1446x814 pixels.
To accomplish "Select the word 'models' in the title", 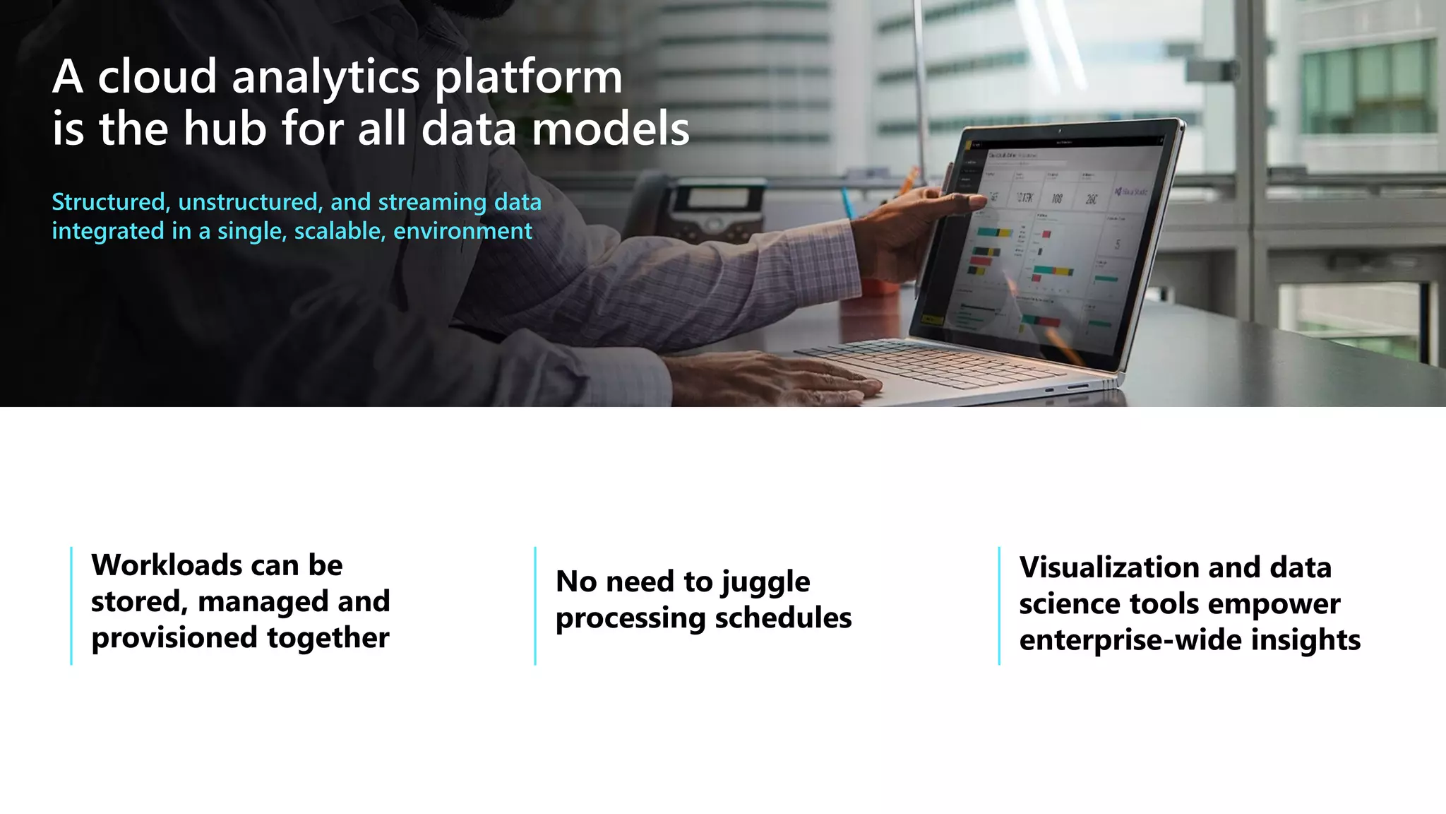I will [x=610, y=129].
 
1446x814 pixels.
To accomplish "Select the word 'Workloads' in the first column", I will [x=167, y=565].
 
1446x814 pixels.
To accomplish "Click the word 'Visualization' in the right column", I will [x=1108, y=567].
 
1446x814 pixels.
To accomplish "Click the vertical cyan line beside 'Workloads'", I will [x=71, y=606].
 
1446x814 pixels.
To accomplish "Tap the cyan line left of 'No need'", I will [x=535, y=606].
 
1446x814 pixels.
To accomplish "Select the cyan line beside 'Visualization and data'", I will [x=999, y=606].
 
